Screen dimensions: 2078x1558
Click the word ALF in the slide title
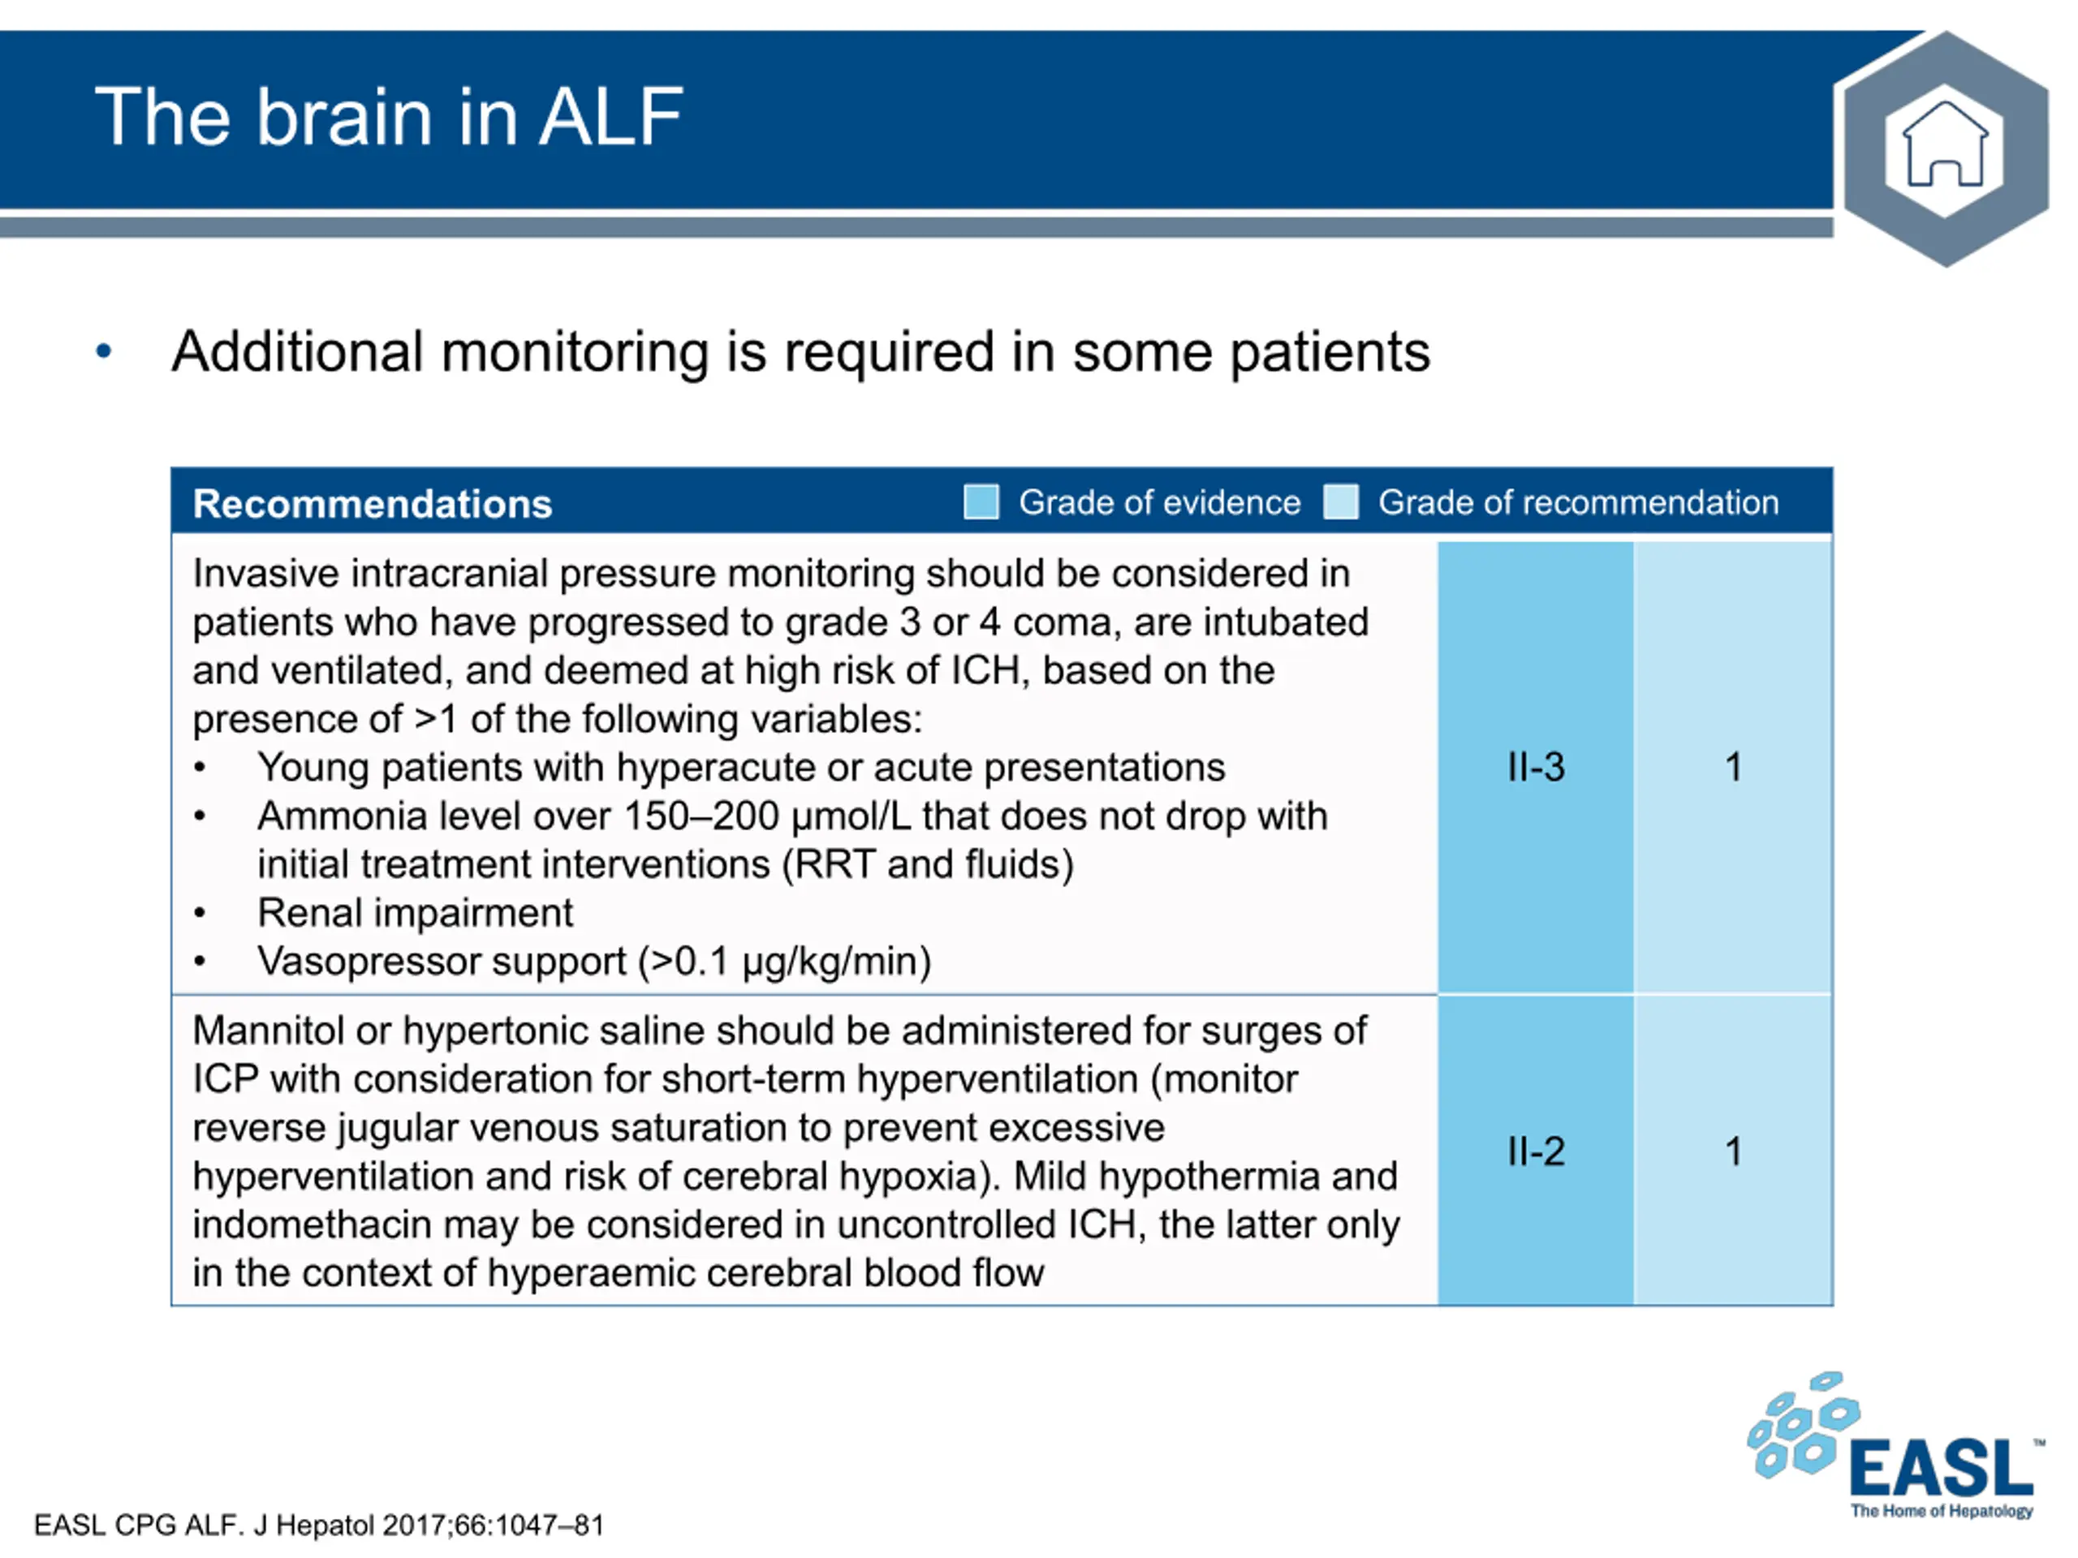click(610, 117)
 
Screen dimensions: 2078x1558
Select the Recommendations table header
click(372, 503)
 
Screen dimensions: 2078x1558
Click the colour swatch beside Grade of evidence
click(981, 501)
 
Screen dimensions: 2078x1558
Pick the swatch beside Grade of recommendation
click(1342, 501)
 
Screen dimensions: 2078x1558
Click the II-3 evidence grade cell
click(1536, 768)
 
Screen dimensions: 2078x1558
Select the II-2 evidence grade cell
click(1536, 1151)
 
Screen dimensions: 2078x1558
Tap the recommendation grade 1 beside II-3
click(1734, 768)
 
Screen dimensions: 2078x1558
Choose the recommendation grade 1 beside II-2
click(1734, 1151)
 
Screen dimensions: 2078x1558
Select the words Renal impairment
click(416, 913)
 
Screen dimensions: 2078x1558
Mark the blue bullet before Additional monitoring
click(104, 352)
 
